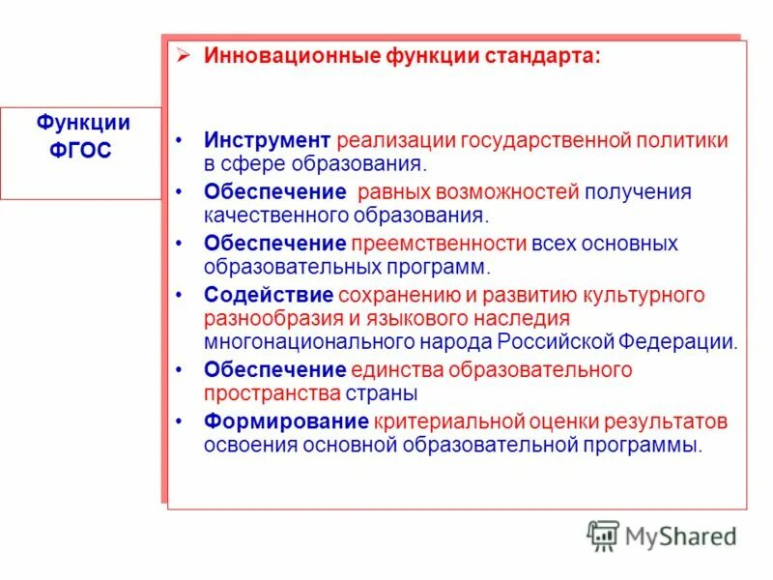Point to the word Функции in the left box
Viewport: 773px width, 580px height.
click(x=83, y=123)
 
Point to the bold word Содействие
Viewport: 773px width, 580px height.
click(x=269, y=295)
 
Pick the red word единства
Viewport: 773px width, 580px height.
click(x=390, y=369)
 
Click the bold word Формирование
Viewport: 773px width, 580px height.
click(x=286, y=421)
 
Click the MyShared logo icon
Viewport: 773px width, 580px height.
click(x=603, y=535)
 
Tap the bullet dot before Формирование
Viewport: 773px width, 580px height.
click(x=180, y=421)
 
